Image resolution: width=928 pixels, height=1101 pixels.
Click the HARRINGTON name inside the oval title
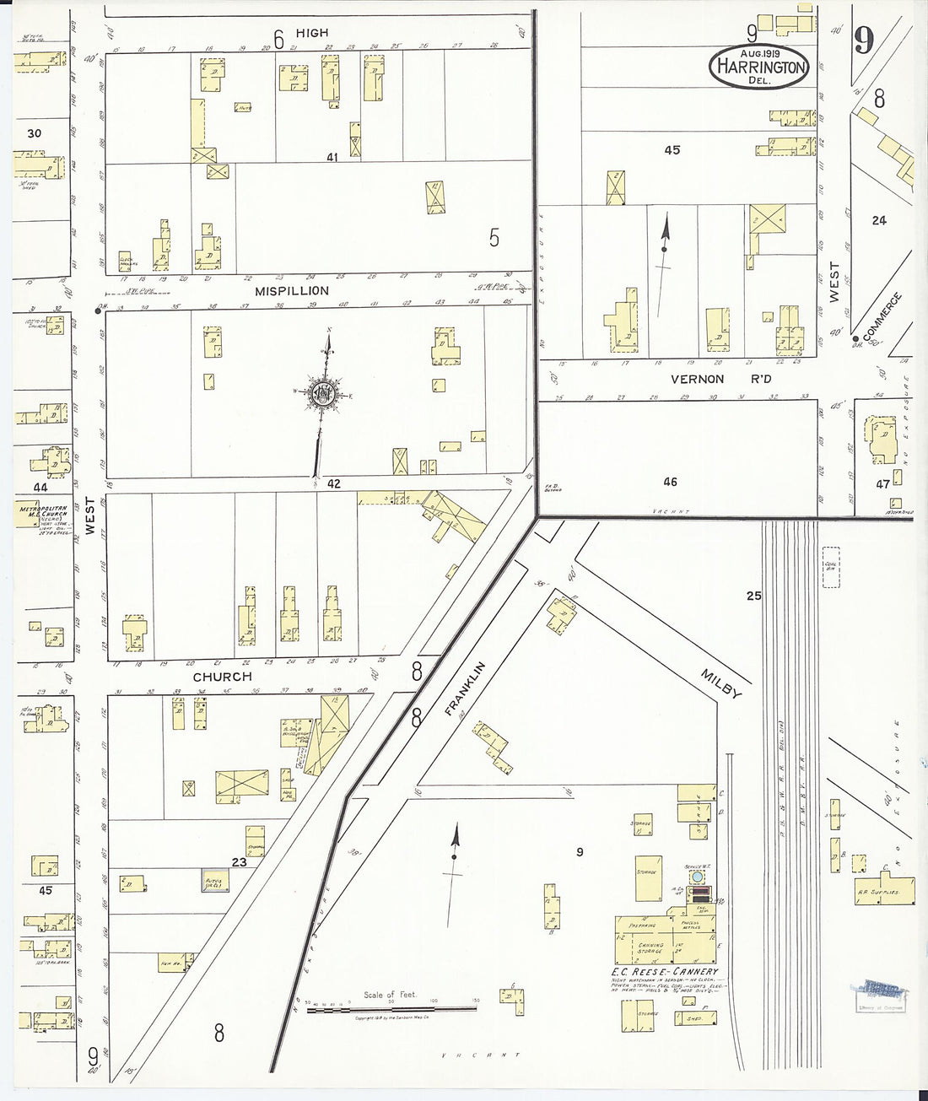pyautogui.click(x=758, y=67)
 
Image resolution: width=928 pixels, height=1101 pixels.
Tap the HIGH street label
pyautogui.click(x=311, y=33)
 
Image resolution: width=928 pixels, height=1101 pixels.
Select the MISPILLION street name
pyautogui.click(x=292, y=290)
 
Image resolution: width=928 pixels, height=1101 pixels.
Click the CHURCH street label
pyautogui.click(x=222, y=677)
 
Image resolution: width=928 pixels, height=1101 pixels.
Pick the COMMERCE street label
pyautogui.click(x=883, y=313)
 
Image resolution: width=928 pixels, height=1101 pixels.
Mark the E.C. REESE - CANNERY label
pyautogui.click(x=665, y=972)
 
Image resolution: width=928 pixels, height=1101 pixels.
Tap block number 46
pyautogui.click(x=670, y=482)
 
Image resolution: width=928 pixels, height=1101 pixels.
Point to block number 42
pyautogui.click(x=334, y=483)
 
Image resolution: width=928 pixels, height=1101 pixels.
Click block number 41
pyautogui.click(x=332, y=157)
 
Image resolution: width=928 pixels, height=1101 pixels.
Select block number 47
pyautogui.click(x=882, y=484)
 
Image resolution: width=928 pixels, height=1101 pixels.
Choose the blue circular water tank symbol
pyautogui.click(x=698, y=877)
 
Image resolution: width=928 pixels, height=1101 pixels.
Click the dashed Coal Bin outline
pyautogui.click(x=830, y=568)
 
